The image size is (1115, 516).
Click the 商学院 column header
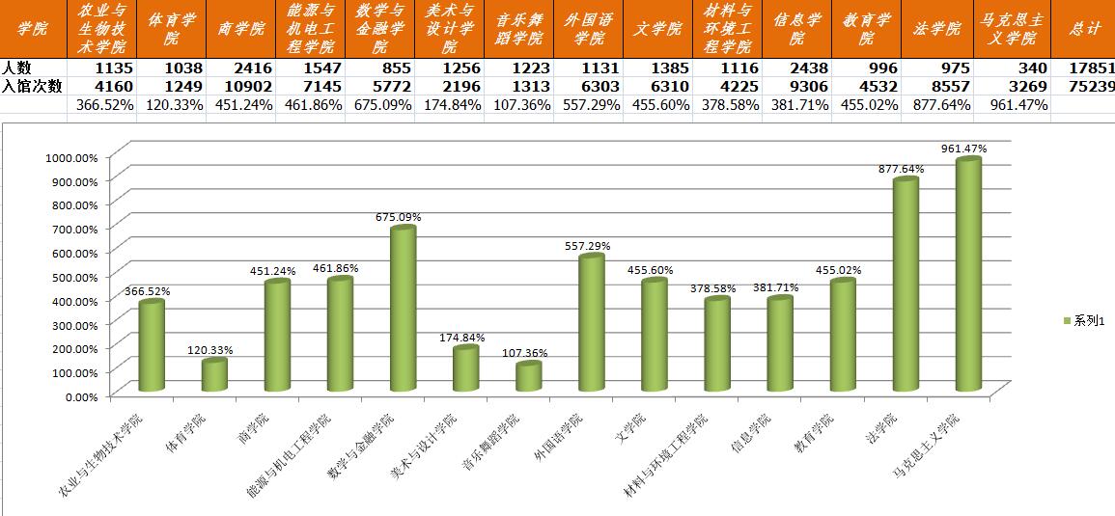[x=240, y=29]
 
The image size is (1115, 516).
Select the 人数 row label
[x=16, y=68]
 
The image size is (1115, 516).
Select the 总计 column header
[x=1085, y=29]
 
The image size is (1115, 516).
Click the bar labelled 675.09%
[x=403, y=309]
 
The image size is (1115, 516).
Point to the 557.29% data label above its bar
[x=587, y=246]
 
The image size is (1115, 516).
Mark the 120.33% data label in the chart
[x=210, y=350]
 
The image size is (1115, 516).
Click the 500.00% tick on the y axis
[x=72, y=276]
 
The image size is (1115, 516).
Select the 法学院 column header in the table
[x=936, y=29]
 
